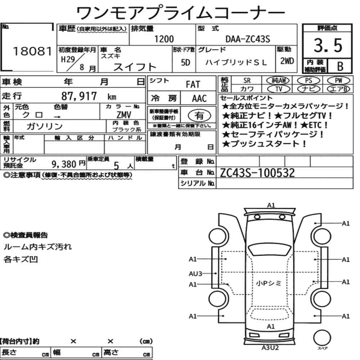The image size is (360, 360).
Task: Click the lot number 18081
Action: [32, 51]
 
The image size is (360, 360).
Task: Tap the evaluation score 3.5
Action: [328, 45]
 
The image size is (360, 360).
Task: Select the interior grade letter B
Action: [340, 66]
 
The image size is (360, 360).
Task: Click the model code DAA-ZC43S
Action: [248, 39]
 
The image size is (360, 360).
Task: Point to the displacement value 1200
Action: [164, 39]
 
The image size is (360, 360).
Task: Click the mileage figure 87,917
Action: [79, 96]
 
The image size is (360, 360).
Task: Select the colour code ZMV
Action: [124, 114]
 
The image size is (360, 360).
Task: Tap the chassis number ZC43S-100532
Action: [257, 173]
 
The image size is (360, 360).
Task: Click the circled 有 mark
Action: [199, 115]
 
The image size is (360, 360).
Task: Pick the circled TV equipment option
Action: [279, 89]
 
